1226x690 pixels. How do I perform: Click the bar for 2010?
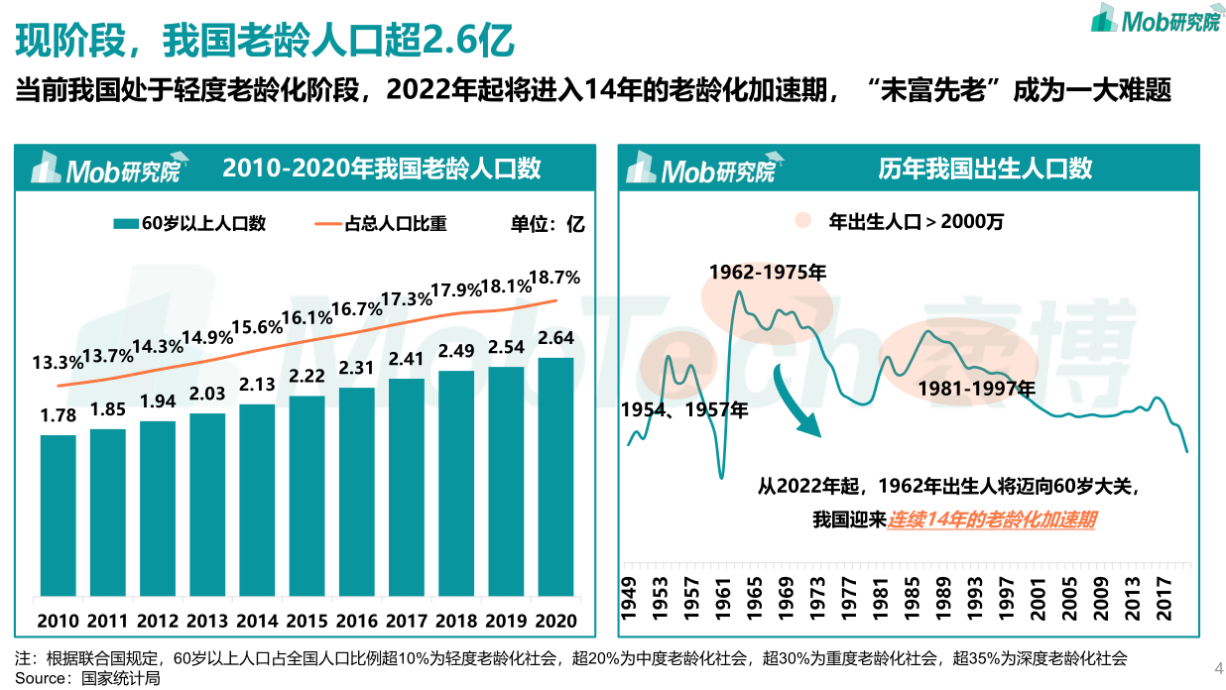[59, 516]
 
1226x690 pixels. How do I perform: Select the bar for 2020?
[555, 477]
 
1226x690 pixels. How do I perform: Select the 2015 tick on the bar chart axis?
[306, 621]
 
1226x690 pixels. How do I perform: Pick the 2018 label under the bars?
[456, 621]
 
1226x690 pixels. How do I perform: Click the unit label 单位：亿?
[547, 224]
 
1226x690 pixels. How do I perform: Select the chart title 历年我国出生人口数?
[985, 169]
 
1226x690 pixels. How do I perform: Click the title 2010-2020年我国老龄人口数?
[382, 169]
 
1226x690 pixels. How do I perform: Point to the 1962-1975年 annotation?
[767, 272]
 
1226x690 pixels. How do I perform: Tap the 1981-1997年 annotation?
[976, 388]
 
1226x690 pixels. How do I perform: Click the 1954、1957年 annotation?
[684, 408]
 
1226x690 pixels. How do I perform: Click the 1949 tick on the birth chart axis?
[629, 598]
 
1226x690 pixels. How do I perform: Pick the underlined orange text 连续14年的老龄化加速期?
[991, 519]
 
